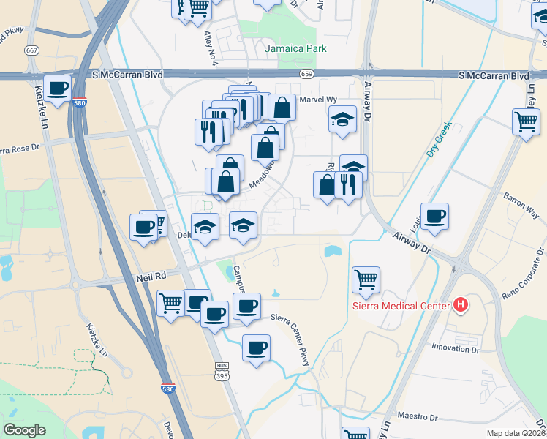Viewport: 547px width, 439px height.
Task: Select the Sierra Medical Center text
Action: pyautogui.click(x=400, y=305)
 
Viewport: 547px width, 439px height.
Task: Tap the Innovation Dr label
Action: pyautogui.click(x=454, y=348)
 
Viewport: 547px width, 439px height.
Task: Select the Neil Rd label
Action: pyautogui.click(x=151, y=278)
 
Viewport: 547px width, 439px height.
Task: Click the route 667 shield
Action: pyautogui.click(x=31, y=50)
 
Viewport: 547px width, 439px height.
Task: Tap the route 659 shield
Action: pyautogui.click(x=307, y=75)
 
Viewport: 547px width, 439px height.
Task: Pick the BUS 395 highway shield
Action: pyautogui.click(x=222, y=372)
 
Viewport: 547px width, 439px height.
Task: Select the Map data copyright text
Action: pyautogui.click(x=516, y=433)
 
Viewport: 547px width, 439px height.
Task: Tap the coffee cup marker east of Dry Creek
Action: pyautogui.click(x=434, y=217)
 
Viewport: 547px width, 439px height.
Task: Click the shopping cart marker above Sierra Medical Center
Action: pyautogui.click(x=366, y=279)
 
